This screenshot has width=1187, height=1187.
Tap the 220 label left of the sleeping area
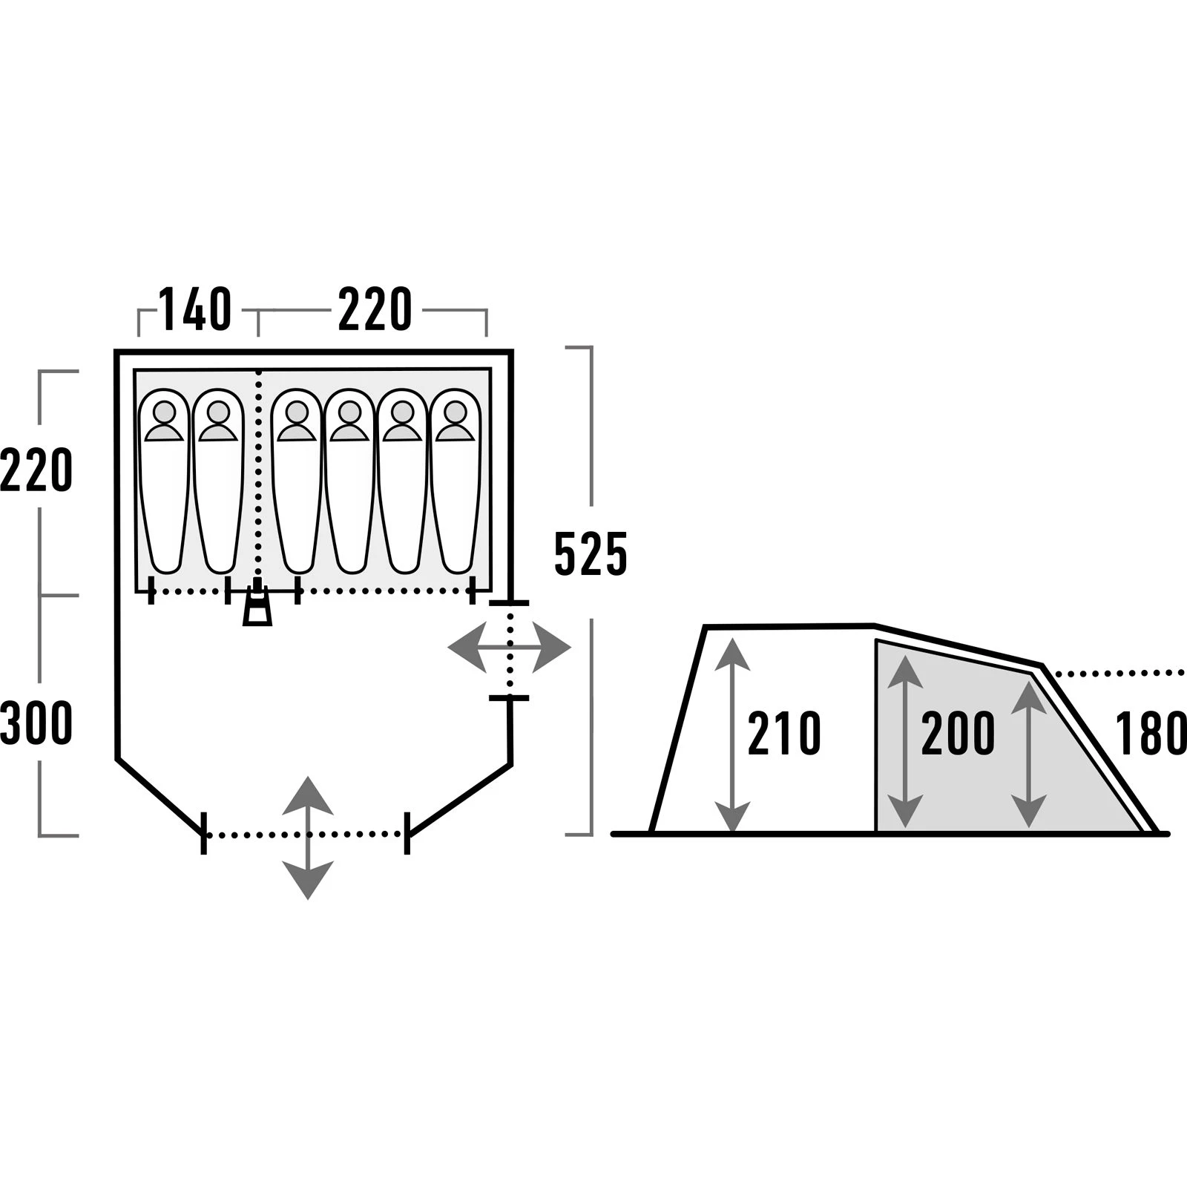coord(36,470)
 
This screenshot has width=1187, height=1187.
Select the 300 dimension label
coord(36,723)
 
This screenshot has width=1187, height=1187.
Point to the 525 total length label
coord(591,554)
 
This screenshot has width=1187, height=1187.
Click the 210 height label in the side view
coord(784,734)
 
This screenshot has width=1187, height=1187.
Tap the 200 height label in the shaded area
coord(958,734)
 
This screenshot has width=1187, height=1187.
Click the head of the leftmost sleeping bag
coord(165,412)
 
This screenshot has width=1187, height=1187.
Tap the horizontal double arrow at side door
coord(510,648)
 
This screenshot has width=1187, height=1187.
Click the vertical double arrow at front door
coord(308,838)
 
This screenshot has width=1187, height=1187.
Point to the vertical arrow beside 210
coord(733,734)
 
